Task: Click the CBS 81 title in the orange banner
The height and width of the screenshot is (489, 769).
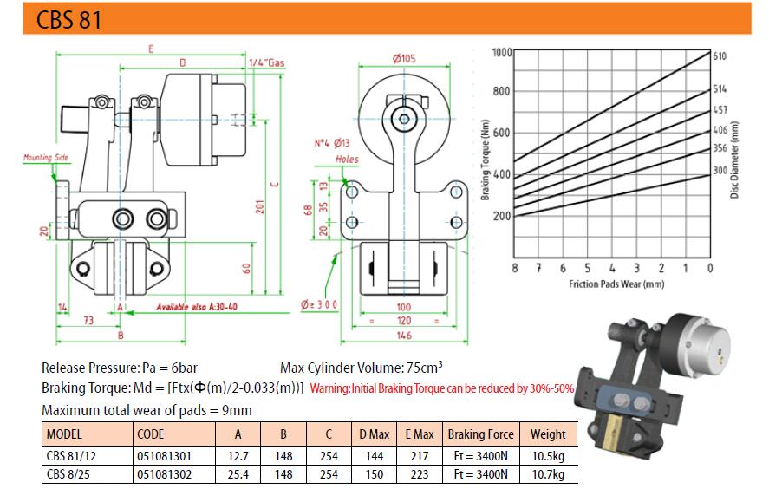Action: pos(68,19)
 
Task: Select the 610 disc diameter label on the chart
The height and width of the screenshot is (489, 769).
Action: pos(719,56)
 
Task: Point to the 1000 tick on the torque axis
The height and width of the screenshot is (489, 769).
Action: pos(502,52)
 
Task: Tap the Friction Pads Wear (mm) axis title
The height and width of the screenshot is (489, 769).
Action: pos(616,284)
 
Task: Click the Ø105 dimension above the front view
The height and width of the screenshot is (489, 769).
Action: pos(404,59)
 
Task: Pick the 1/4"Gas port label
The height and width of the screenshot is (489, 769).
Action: pos(266,63)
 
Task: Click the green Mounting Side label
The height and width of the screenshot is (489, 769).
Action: pos(46,158)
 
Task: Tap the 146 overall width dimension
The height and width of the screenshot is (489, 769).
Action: pos(404,335)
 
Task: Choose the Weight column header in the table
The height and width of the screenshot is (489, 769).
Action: pos(548,434)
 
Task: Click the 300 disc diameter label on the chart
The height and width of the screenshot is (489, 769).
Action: pos(719,171)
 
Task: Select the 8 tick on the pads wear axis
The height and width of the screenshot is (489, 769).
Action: pos(514,269)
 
